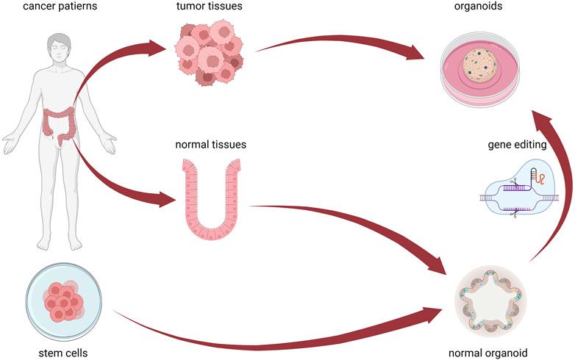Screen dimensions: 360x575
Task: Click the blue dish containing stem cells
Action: (x=62, y=300)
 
